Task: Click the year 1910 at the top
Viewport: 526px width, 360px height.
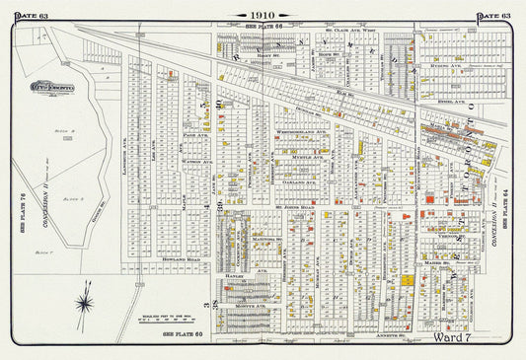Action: pos(263,16)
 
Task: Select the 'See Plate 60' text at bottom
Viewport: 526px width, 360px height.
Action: pos(184,336)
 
